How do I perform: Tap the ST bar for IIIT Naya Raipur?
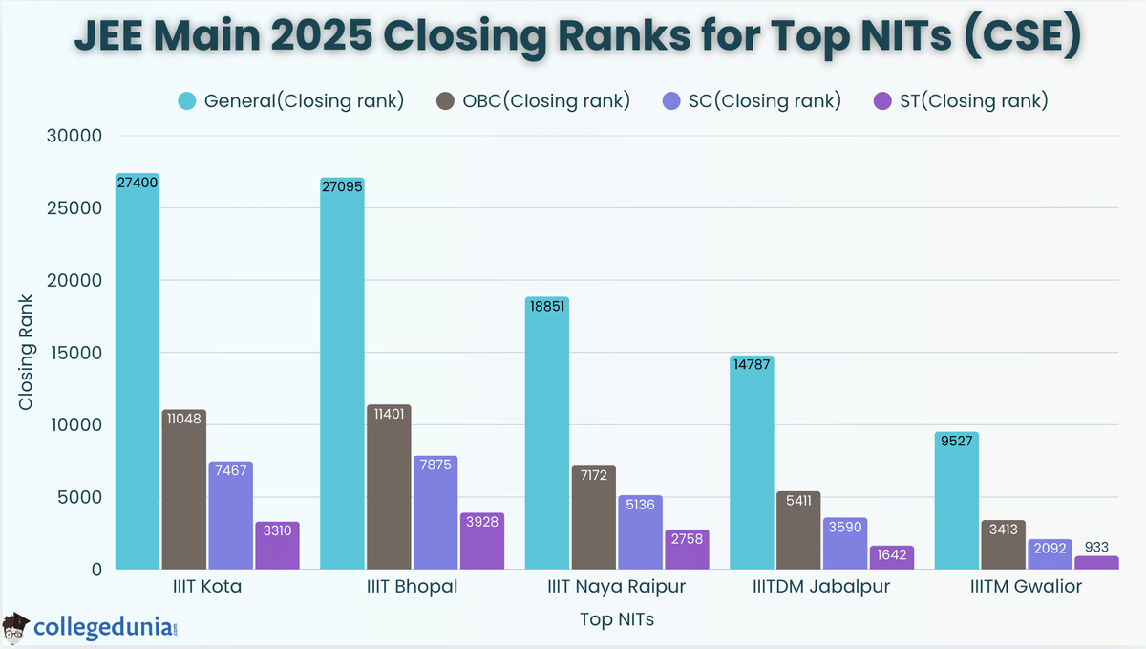(x=687, y=552)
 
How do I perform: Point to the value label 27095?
(x=342, y=187)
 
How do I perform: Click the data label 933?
(x=1096, y=547)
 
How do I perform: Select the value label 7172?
(x=593, y=475)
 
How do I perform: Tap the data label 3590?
(x=845, y=527)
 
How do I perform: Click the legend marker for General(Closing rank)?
(x=187, y=101)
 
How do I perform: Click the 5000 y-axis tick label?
(x=80, y=497)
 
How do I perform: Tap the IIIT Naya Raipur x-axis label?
(x=617, y=587)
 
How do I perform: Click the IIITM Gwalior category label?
(x=1026, y=587)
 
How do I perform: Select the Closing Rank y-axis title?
(x=26, y=353)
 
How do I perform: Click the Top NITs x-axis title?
(x=617, y=619)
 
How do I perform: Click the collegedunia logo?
(x=91, y=627)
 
